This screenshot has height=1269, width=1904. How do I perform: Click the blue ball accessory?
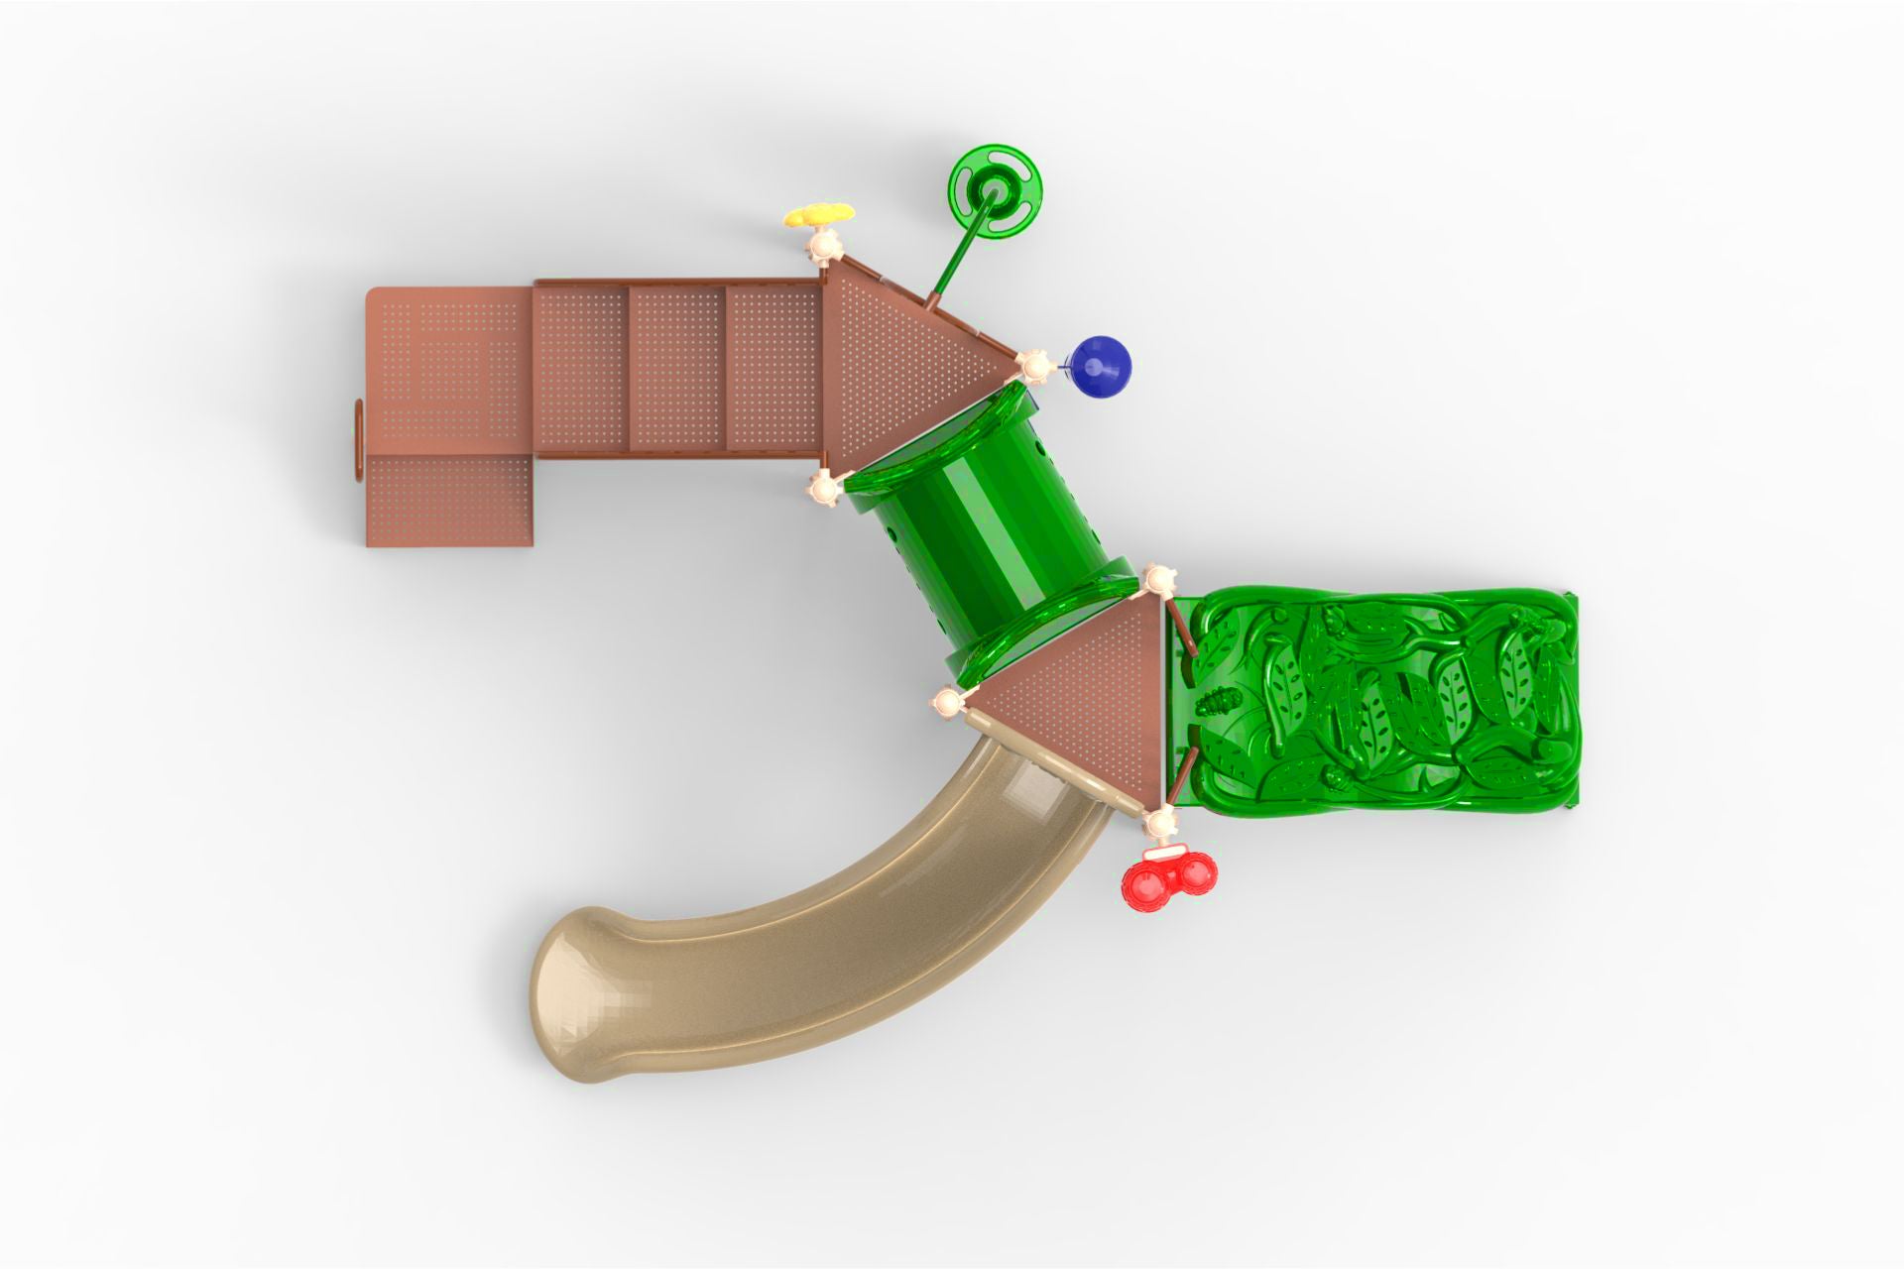(x=1101, y=365)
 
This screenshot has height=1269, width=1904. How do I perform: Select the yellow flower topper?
(x=818, y=214)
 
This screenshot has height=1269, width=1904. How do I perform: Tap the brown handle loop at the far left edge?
(x=358, y=440)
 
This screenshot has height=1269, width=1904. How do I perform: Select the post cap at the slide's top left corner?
(x=947, y=703)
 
